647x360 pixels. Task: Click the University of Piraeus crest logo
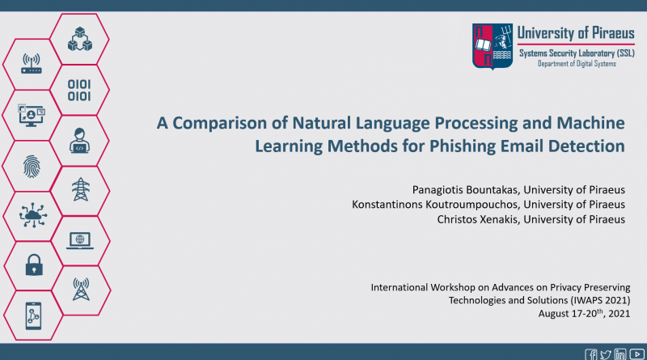pos(493,46)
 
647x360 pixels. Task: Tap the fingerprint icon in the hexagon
pos(32,167)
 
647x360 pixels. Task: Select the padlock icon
pos(34,265)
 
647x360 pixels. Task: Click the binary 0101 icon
pos(79,91)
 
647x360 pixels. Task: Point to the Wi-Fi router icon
pos(32,64)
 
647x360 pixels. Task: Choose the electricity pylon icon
pos(80,189)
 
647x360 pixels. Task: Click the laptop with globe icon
pos(80,241)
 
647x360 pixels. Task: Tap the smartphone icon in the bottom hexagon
pos(33,316)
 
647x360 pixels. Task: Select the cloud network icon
pos(33,215)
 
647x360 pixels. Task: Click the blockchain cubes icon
pos(79,39)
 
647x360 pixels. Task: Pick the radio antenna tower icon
pos(81,290)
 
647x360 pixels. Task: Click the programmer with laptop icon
pos(79,141)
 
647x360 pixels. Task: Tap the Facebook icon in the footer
pos(591,354)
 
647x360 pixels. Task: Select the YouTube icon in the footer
pos(637,354)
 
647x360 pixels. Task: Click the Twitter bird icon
pos(606,354)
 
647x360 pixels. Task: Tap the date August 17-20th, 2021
pos(584,313)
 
